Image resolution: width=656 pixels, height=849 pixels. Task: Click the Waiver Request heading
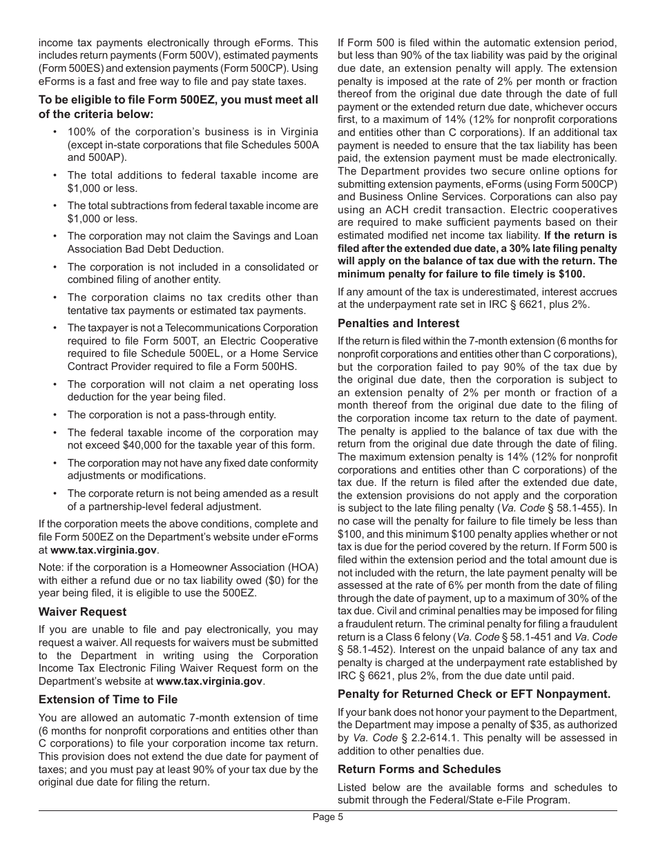tap(82, 612)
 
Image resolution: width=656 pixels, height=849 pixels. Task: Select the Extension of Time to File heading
tap(108, 699)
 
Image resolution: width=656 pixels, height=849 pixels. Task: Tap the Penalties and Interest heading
tap(398, 323)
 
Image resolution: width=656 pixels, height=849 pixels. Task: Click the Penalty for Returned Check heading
tap(474, 694)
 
